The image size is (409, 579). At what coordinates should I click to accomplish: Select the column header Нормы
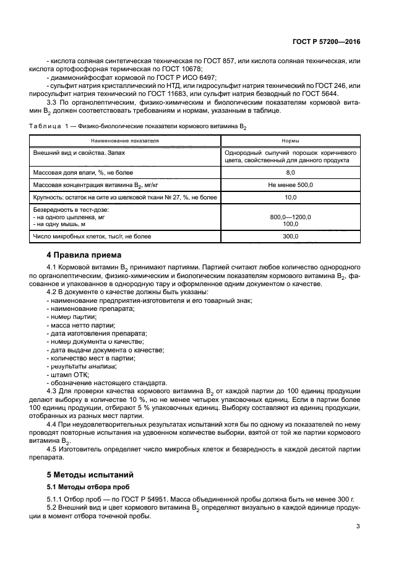pos(290,141)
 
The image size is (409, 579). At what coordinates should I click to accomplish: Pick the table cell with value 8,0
pos(290,172)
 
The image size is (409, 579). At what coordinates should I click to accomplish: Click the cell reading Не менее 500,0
pos(290,185)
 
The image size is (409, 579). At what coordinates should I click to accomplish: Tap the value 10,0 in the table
pos(290,198)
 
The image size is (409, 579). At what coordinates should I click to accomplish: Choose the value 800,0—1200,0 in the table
pos(290,217)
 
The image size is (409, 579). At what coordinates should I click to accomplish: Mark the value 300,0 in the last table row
pos(290,236)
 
